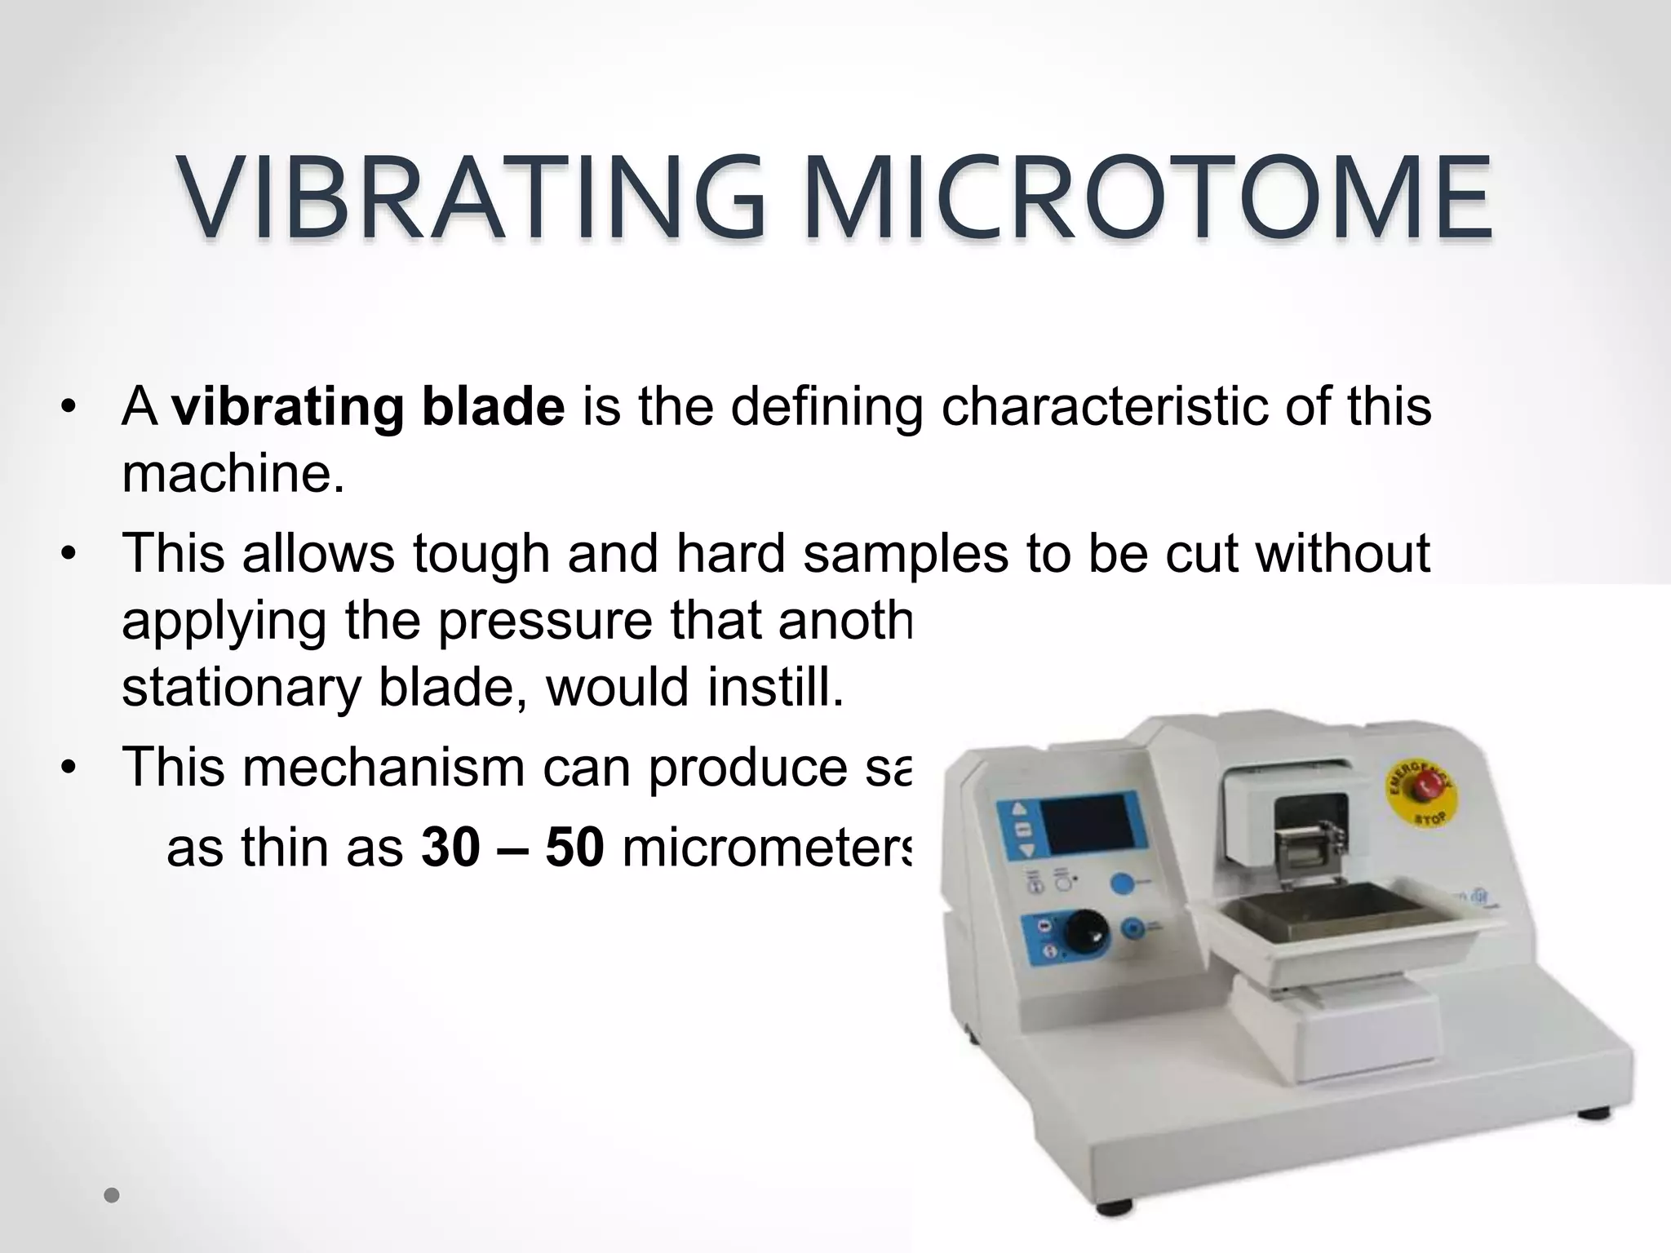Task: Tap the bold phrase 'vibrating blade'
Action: pos(368,406)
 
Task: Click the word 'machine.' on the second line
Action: pos(233,473)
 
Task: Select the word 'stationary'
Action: pos(242,687)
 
